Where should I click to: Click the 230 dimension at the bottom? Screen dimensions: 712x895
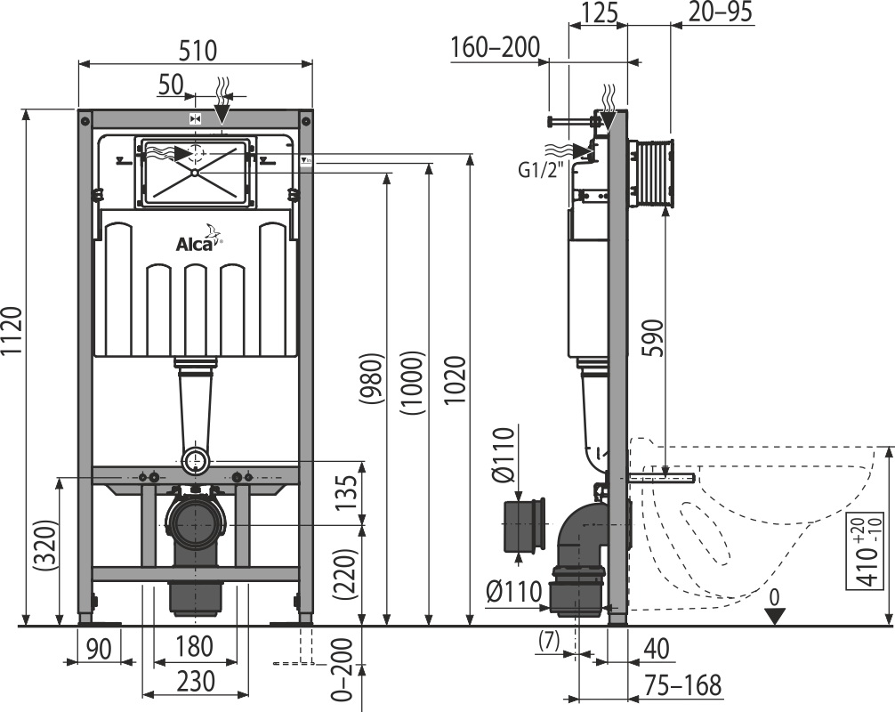click(x=195, y=681)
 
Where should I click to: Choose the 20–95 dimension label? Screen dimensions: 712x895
click(x=720, y=12)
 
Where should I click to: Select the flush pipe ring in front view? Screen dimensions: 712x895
click(x=196, y=460)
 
